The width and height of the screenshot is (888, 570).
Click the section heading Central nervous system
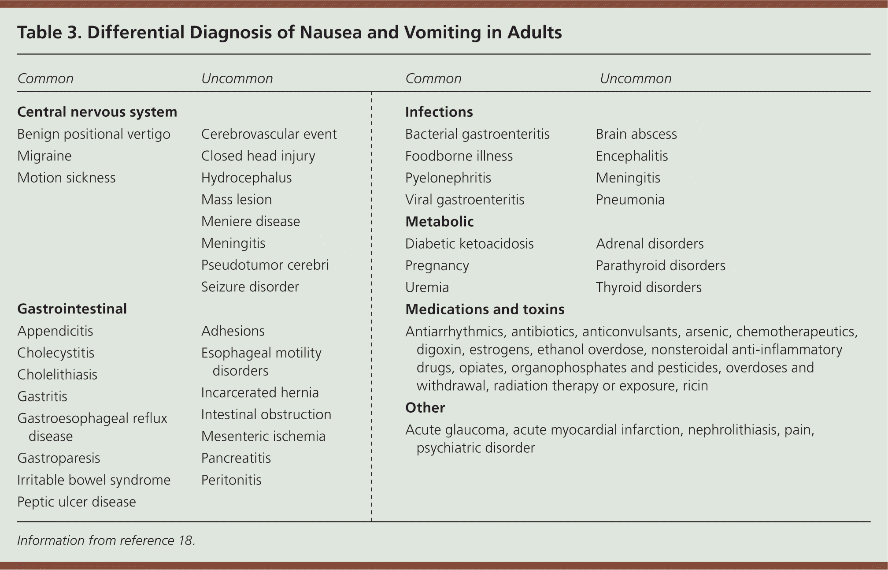point(97,112)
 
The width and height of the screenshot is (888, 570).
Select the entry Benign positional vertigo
point(93,134)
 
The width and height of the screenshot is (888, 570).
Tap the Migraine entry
point(44,156)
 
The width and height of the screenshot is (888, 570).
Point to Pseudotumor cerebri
point(265,265)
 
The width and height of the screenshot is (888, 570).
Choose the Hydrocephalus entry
point(246,178)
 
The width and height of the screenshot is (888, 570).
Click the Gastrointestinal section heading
point(72,309)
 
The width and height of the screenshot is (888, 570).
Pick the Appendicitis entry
point(55,331)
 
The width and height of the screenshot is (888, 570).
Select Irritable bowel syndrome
point(93,480)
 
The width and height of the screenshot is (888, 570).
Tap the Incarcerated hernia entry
point(260,393)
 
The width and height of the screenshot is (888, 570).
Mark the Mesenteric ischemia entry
point(263,436)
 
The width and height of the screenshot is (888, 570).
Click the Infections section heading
point(439,112)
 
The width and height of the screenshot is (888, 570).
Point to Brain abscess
point(636,134)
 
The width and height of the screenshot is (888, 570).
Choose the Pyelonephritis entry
point(448,178)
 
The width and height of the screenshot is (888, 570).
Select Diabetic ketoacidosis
point(469,244)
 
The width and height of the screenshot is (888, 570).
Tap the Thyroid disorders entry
point(648,287)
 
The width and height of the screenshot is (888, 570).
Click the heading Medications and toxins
point(485,309)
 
